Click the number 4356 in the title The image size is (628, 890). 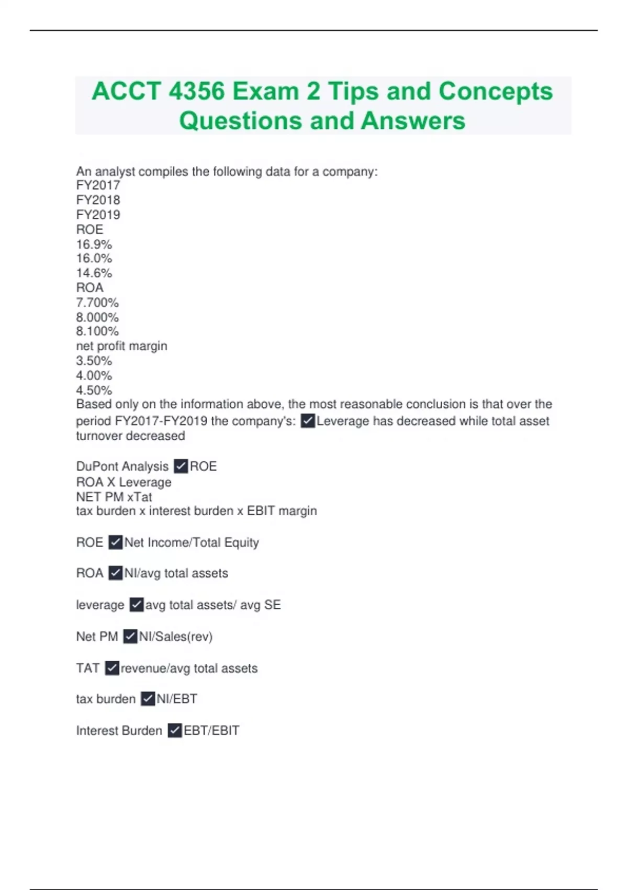coord(197,91)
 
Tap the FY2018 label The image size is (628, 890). coord(98,200)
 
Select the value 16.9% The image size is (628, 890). coord(94,244)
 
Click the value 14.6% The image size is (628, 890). coord(94,273)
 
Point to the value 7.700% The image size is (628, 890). coord(97,303)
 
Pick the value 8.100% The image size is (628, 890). coord(97,331)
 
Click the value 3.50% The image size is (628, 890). coord(94,361)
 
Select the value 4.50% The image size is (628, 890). coord(94,390)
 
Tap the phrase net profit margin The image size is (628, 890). coord(121,346)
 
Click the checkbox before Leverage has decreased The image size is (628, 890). coord(308,421)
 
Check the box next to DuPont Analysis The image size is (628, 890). coord(181,466)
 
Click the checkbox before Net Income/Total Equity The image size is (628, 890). coord(116,542)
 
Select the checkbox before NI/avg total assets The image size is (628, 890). coord(116,573)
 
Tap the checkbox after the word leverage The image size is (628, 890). coord(137,605)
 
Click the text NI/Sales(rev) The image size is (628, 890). coord(176,637)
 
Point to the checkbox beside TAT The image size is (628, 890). coord(112,668)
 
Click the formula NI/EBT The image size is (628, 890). coord(177,699)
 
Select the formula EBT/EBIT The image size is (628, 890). coord(211,730)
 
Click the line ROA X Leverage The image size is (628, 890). coord(124,482)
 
